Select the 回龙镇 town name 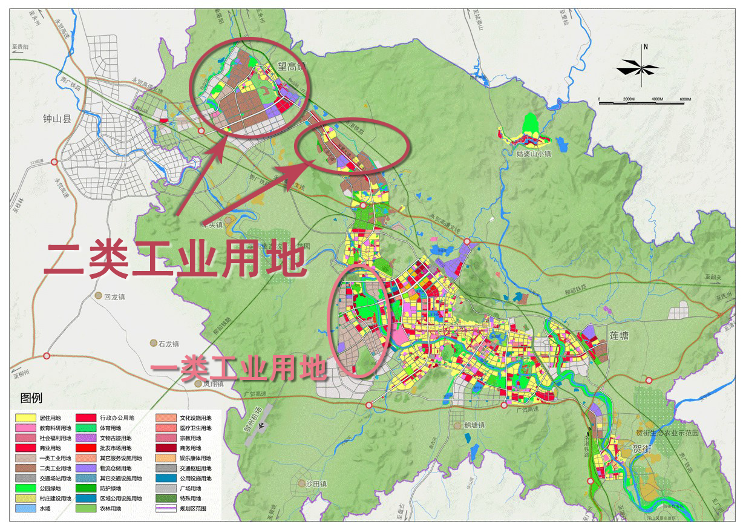click(114, 296)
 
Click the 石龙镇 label click(168, 344)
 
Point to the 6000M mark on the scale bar click(685, 99)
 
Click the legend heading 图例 click(31, 399)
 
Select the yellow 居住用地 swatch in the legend click(25, 418)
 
